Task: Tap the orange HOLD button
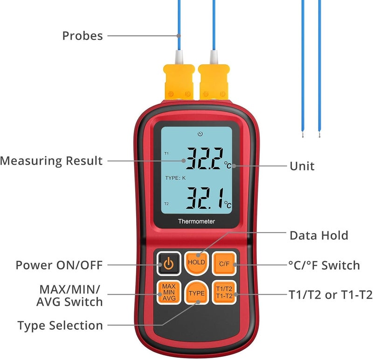coord(196,263)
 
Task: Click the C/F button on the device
coord(224,263)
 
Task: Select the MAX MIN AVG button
coord(169,292)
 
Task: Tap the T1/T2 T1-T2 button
coord(224,292)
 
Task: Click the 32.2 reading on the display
coord(205,158)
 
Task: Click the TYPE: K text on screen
coord(175,178)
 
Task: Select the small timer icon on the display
coord(200,134)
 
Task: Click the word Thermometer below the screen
coord(196,222)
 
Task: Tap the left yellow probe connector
coord(179,82)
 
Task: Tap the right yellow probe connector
coord(214,82)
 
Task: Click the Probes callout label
coord(83,36)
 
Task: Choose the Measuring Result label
coord(51,160)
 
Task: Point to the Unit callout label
coord(302,166)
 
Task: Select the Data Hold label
coord(319,235)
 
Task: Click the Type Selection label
coord(60,325)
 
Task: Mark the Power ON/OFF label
coord(59,265)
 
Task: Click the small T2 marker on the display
coord(166,204)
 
